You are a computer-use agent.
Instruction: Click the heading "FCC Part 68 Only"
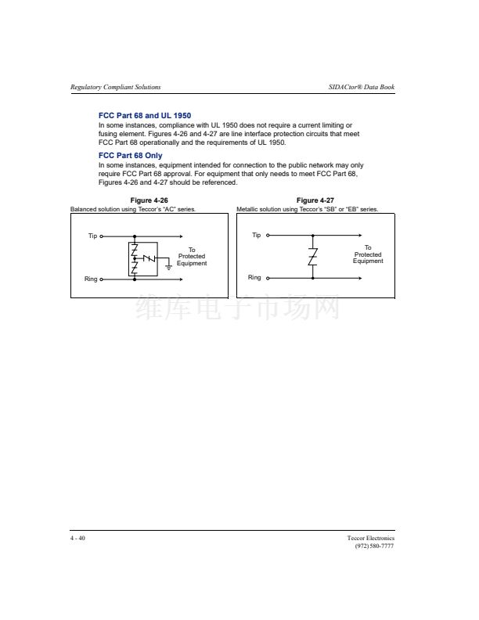tap(130, 156)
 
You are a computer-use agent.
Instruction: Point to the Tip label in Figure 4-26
tap(92, 236)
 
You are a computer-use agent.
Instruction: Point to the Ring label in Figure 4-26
tap(91, 279)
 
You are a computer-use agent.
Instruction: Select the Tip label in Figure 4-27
tap(256, 235)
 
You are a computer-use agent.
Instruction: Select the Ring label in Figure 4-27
tap(254, 278)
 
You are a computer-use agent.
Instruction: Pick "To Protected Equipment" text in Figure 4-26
tap(192, 257)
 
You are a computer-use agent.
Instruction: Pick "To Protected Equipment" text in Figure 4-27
tap(368, 254)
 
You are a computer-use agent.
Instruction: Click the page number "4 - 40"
tap(77, 538)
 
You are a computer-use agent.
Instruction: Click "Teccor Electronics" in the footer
tap(371, 538)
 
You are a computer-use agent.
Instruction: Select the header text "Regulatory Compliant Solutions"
tap(116, 86)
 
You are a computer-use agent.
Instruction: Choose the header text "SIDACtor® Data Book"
tap(362, 86)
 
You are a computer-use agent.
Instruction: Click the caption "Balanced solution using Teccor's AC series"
tap(133, 209)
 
